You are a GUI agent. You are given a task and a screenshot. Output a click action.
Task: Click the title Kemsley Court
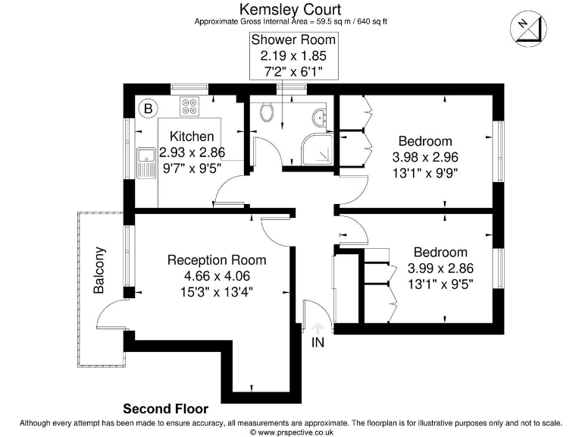click(x=290, y=9)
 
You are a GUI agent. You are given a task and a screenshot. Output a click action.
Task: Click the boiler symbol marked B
click(x=149, y=108)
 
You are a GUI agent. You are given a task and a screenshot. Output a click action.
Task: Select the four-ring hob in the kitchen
click(x=189, y=106)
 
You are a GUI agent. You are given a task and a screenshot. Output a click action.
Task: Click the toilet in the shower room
click(x=266, y=113)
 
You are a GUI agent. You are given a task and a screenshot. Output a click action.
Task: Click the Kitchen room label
click(x=191, y=137)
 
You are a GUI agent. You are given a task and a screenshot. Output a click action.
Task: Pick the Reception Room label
click(x=216, y=260)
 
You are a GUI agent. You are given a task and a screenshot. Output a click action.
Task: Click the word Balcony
click(x=99, y=270)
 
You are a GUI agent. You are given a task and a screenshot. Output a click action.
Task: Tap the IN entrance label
click(x=318, y=343)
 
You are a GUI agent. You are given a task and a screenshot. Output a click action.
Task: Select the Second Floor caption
click(x=165, y=409)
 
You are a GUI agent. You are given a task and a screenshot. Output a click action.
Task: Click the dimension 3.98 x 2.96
click(x=425, y=156)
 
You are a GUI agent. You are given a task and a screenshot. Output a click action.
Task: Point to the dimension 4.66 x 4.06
click(x=216, y=275)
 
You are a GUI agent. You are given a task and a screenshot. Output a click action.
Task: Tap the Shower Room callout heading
click(x=294, y=40)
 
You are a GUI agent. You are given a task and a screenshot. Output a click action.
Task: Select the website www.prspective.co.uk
click(x=294, y=432)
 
